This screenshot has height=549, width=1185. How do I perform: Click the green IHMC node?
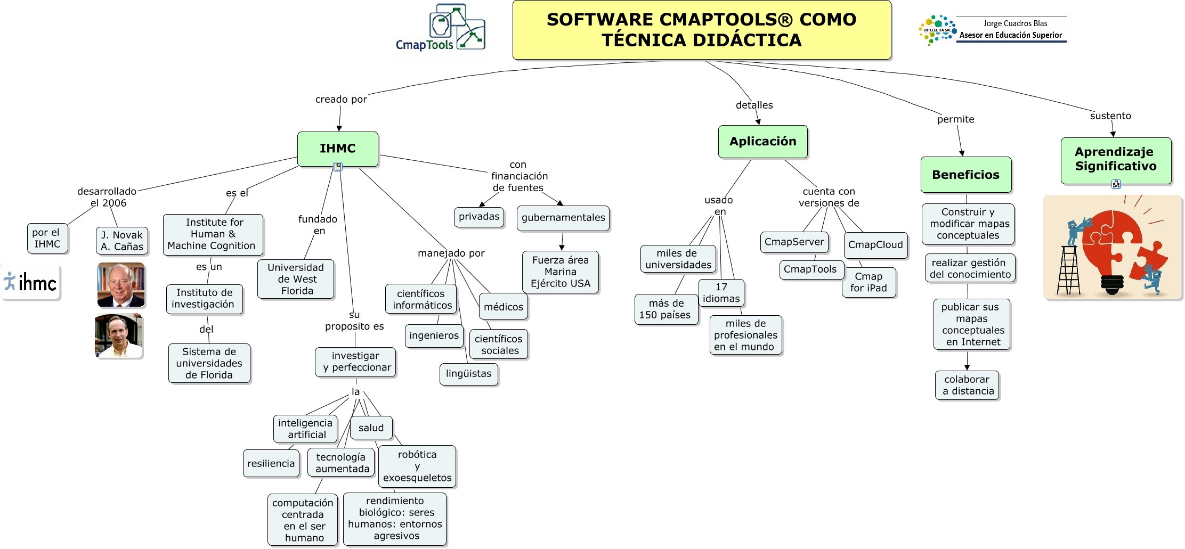pyautogui.click(x=338, y=149)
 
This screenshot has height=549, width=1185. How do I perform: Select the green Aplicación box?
pyautogui.click(x=762, y=142)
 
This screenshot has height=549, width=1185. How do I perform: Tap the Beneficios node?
pyautogui.click(x=965, y=175)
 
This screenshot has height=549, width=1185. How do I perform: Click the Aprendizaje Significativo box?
pyautogui.click(x=1116, y=159)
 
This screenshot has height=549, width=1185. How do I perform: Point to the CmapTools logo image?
pyautogui.click(x=442, y=29)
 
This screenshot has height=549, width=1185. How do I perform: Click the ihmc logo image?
pyautogui.click(x=31, y=282)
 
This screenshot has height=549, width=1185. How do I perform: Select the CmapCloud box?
pyautogui.click(x=875, y=245)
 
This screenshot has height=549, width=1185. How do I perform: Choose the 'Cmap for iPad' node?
pyautogui.click(x=869, y=283)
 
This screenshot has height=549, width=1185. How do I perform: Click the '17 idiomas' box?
pyautogui.click(x=721, y=293)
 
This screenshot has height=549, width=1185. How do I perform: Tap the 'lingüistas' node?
pyautogui.click(x=468, y=374)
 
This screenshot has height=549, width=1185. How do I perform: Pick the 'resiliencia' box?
pyautogui.click(x=271, y=464)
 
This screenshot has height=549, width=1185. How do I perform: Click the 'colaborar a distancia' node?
pyautogui.click(x=967, y=386)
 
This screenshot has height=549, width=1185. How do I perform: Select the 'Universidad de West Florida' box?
pyautogui.click(x=296, y=279)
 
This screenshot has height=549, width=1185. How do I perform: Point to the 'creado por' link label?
pyautogui.click(x=341, y=100)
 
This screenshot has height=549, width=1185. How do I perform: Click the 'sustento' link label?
pyautogui.click(x=1110, y=116)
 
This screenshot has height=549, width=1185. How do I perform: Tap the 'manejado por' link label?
pyautogui.click(x=451, y=253)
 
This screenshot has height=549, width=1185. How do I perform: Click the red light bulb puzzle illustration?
pyautogui.click(x=1113, y=248)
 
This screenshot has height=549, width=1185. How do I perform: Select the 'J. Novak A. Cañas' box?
pyautogui.click(x=122, y=241)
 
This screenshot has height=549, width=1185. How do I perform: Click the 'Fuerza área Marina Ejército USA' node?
pyautogui.click(x=560, y=272)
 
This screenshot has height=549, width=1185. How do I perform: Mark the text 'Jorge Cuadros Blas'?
pyautogui.click(x=1015, y=23)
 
